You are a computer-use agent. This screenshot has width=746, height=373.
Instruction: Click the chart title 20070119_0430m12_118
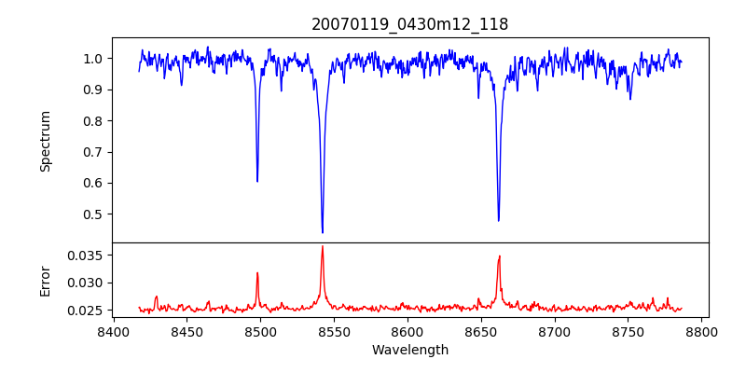coord(409,24)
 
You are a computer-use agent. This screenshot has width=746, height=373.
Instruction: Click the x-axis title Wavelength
coord(409,350)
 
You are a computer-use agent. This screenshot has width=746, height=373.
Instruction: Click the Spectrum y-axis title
coord(46,141)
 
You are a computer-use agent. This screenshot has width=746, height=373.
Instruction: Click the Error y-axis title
coord(46,280)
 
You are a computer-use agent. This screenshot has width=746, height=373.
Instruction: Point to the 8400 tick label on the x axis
coord(113,331)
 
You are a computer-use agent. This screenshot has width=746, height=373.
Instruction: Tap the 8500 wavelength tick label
coord(260,331)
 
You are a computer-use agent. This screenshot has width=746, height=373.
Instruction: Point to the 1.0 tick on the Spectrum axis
coord(93,59)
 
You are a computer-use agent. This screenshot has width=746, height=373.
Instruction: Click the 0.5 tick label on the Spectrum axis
coord(93,214)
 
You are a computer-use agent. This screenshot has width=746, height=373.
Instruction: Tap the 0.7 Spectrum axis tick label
coord(93,152)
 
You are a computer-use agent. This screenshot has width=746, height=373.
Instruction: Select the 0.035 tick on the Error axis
coord(87,255)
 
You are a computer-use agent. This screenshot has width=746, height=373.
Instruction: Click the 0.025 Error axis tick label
coord(87,311)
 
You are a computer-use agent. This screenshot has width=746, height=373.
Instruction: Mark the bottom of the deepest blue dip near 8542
coord(323,233)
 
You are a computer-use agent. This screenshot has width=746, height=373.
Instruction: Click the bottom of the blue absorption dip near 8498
coord(257,181)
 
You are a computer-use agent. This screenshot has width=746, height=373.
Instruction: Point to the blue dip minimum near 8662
coord(499,221)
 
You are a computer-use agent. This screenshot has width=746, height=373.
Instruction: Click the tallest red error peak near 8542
coord(323,246)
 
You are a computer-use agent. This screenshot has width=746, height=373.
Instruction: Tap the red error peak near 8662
coord(500,256)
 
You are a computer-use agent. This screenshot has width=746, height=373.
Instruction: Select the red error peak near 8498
coord(257,273)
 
